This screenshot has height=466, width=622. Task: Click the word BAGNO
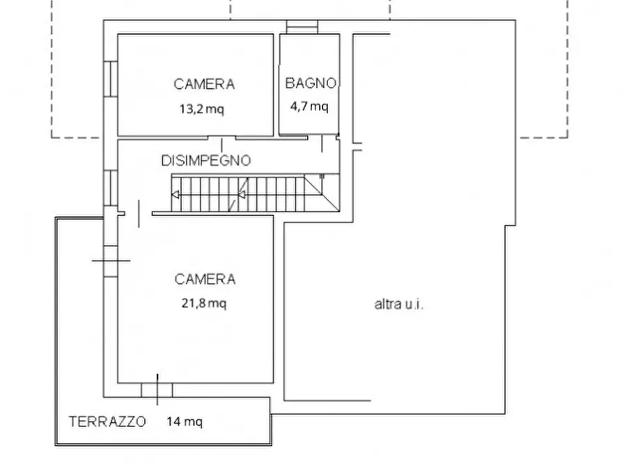point(311,83)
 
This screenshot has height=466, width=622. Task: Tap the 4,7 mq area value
point(309,106)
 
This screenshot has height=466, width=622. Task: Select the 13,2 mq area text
point(201,109)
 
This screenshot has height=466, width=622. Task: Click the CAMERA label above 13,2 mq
point(204,84)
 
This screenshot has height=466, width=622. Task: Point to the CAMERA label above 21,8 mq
point(205,280)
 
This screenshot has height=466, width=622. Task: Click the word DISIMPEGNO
point(205,161)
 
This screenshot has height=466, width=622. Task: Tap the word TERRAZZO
point(107,421)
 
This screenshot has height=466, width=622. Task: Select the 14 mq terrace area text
point(185,421)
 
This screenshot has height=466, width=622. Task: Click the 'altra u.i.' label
point(400,304)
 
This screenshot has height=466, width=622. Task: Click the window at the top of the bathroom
point(302,26)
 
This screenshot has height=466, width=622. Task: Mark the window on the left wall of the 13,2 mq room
point(110,79)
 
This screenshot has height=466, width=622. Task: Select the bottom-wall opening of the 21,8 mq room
point(157,389)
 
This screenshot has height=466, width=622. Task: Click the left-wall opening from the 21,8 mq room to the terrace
point(110,259)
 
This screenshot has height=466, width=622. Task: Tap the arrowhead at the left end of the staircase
point(176,195)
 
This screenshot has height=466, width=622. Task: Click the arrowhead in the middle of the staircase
point(242,195)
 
